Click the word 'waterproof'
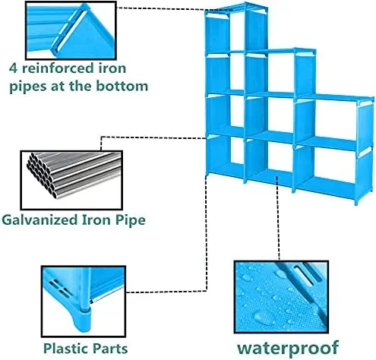click(287, 349)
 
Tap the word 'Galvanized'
click(39, 219)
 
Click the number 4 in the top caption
click(14, 68)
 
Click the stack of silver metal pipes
click(74, 175)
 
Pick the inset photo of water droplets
click(281, 297)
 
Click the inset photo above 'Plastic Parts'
click(84, 302)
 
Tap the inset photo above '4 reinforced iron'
click(71, 30)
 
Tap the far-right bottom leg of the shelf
click(357, 201)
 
